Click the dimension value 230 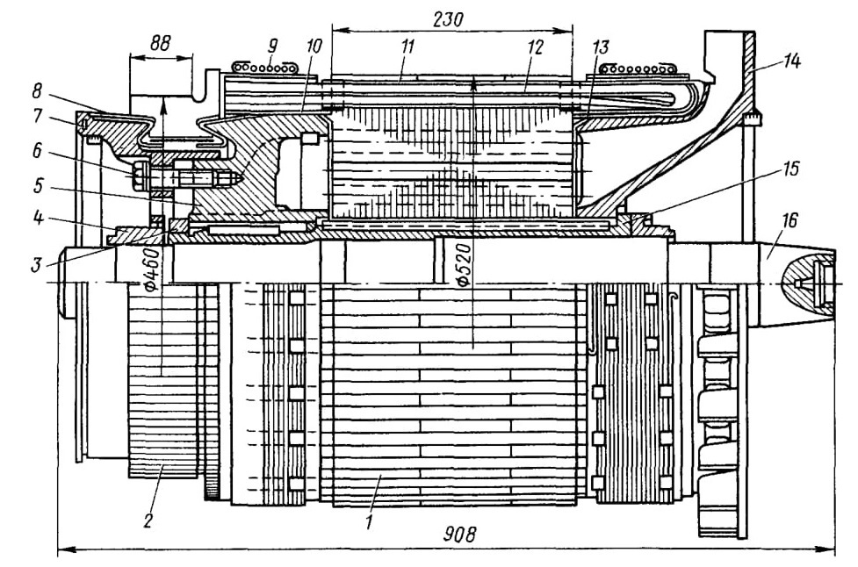coord(448,19)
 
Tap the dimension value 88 coord(160,43)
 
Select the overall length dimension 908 coord(460,535)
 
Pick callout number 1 coord(370,521)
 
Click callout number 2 coord(148,520)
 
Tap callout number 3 coord(36,265)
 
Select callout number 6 coord(37,150)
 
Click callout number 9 coord(272,45)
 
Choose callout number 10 coord(314,46)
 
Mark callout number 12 coord(534,47)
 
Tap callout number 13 coord(600,47)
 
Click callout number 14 coord(790,61)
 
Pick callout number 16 coord(790,220)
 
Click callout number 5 coord(37,186)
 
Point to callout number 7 coord(37,116)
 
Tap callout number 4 coord(37,219)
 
